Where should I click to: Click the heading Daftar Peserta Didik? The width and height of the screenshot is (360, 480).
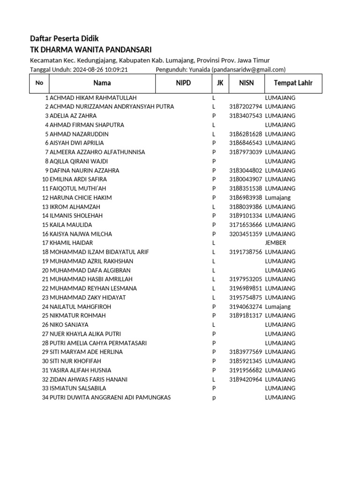click(x=64, y=38)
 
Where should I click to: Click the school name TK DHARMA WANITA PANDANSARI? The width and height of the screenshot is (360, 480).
click(x=90, y=50)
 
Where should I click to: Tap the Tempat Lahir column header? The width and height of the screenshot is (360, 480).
click(x=293, y=83)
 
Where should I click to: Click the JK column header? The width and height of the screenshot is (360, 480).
click(x=220, y=83)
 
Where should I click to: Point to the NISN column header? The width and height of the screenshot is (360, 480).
click(x=246, y=83)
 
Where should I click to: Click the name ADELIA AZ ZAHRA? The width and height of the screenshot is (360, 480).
click(x=73, y=116)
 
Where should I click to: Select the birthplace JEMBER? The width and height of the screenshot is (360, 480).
click(x=275, y=243)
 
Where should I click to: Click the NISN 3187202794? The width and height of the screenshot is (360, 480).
click(x=246, y=107)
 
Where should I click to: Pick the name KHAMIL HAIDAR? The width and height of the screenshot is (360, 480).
click(x=71, y=243)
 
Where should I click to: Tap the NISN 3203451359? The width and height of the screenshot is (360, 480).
click(x=246, y=234)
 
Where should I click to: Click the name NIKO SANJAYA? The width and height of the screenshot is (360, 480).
click(x=69, y=325)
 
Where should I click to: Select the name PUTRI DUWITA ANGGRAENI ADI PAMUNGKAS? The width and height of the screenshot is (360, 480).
click(x=110, y=397)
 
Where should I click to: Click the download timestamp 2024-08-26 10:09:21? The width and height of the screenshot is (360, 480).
click(x=100, y=70)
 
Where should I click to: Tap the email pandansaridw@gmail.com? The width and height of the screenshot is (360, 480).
click(x=248, y=70)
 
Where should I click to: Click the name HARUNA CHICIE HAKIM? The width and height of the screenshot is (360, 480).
click(x=81, y=198)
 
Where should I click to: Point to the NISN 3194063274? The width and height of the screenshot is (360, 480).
click(x=246, y=307)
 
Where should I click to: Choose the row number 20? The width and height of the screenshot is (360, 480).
click(x=45, y=270)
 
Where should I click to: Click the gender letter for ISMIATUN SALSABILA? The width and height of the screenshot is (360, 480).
click(x=214, y=389)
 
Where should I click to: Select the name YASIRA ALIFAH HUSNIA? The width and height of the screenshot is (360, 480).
click(x=80, y=370)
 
